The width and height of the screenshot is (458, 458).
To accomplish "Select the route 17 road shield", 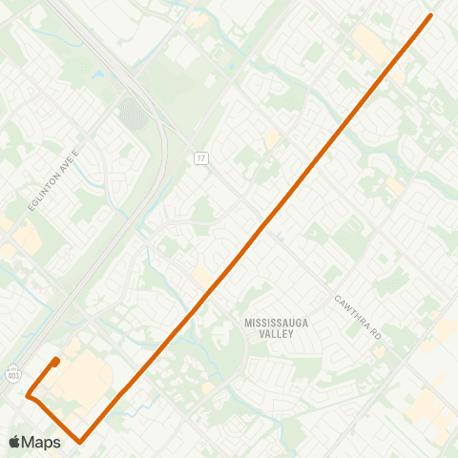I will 199,156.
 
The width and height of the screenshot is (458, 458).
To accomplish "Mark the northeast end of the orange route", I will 431,15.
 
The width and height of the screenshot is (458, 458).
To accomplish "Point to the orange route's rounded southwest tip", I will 57,360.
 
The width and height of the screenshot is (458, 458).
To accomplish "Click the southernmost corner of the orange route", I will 81,442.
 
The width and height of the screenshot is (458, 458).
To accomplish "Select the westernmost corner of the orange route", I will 29,393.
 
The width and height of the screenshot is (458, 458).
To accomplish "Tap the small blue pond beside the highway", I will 98,73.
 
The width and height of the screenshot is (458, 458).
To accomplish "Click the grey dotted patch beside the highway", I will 133,114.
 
